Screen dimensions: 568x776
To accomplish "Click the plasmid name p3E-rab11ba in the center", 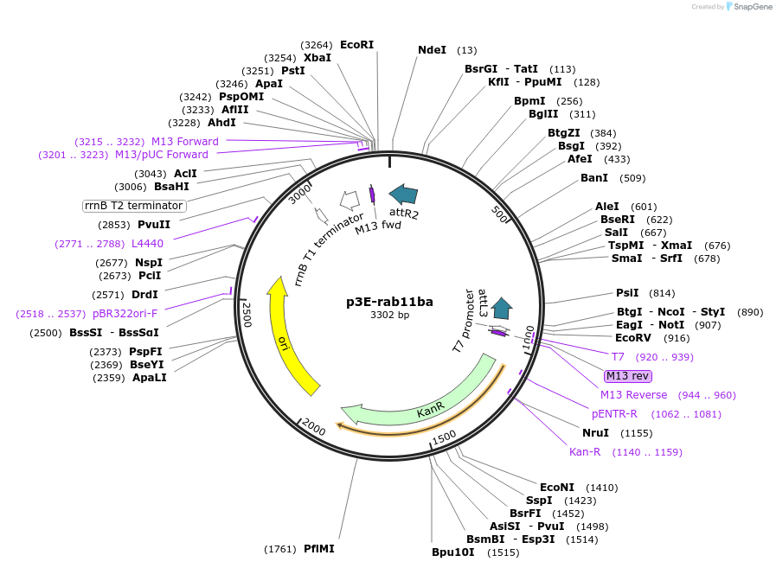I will tap(389, 302).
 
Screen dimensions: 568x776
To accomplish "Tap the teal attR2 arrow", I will tap(403, 195).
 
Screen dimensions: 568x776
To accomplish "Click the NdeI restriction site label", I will tap(432, 50).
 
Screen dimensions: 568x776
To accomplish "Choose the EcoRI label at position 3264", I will tap(356, 44).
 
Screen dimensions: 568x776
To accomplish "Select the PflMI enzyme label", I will tap(318, 549).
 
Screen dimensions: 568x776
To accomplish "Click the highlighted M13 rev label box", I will tap(628, 375).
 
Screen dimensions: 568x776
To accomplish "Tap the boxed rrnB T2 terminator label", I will tap(134, 206).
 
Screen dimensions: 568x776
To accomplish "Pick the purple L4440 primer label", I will tap(147, 244).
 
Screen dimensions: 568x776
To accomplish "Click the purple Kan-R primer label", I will tap(585, 452).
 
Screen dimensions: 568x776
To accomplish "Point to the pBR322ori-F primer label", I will tap(125, 314).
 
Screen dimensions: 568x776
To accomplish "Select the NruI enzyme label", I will tap(596, 432).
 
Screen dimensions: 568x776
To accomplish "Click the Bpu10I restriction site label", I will tap(453, 552).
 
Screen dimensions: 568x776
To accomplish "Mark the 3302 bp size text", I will tap(389, 315).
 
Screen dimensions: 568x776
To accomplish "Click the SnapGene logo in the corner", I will tap(744, 7).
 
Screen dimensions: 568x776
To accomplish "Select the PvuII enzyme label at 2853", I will tap(153, 225).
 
